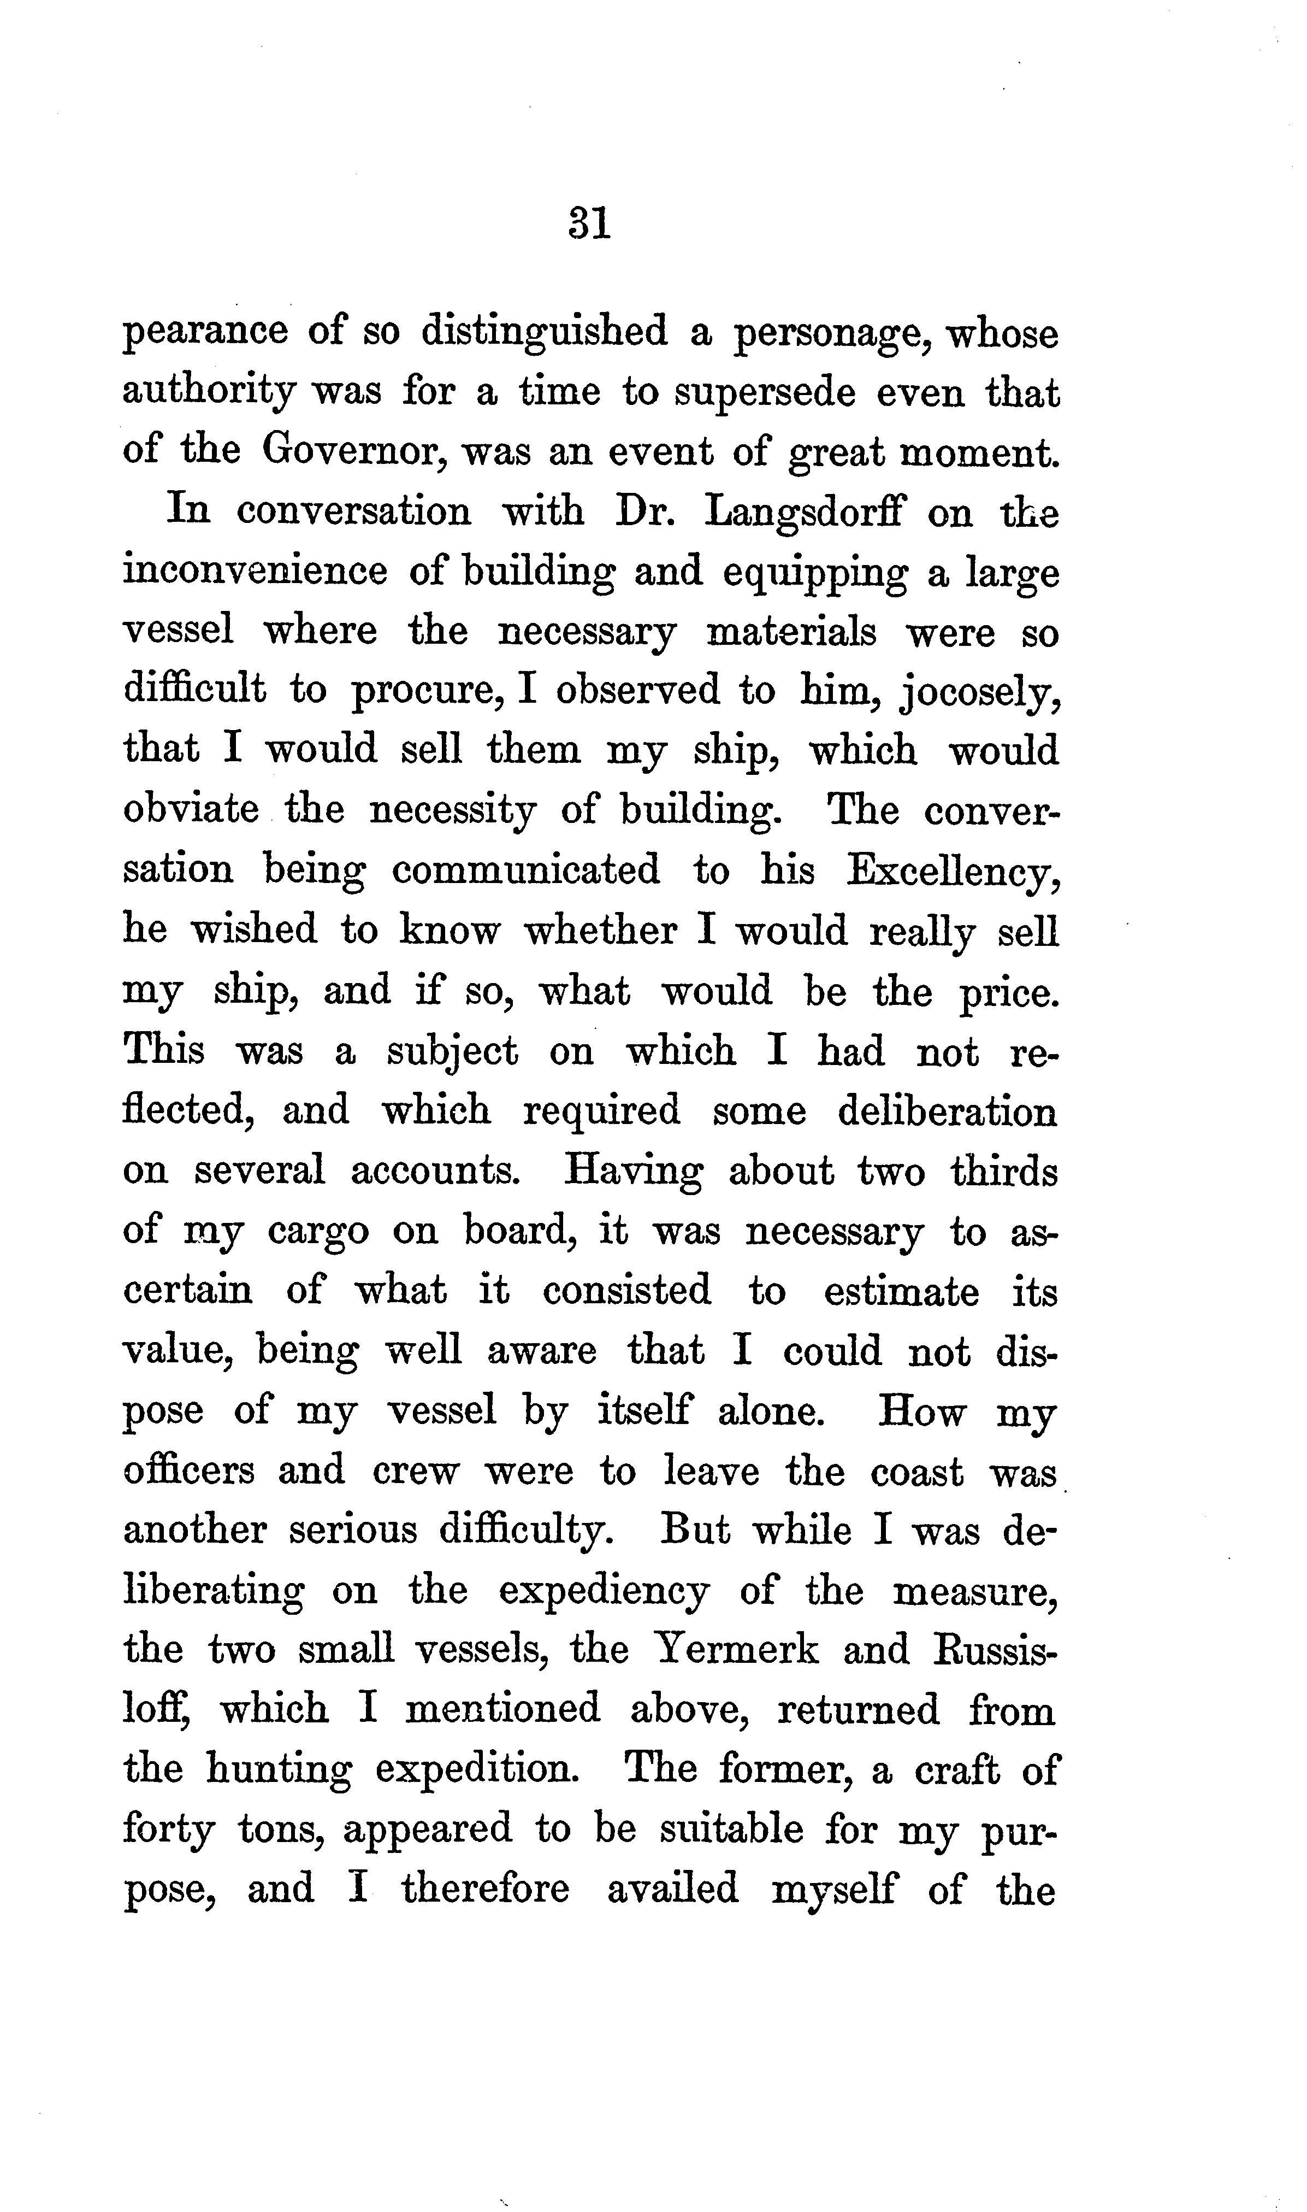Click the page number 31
[x=589, y=223]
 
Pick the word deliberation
[x=947, y=1111]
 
